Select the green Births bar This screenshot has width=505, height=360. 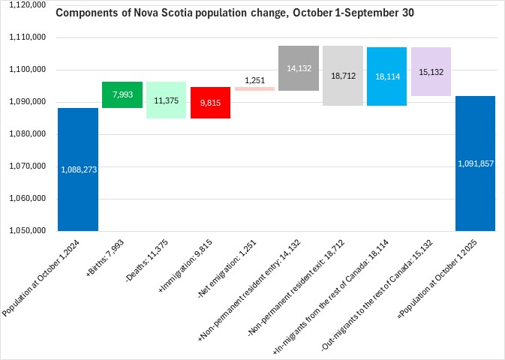(122, 94)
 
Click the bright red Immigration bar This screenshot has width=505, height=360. (210, 103)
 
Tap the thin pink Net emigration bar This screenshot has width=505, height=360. (254, 88)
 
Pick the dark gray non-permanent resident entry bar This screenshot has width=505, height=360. (299, 68)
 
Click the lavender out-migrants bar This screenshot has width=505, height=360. (431, 72)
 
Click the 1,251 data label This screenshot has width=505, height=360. (255, 80)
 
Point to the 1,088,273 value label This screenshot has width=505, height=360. (78, 169)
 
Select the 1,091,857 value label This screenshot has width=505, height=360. (475, 163)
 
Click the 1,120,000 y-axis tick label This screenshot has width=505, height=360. (27, 5)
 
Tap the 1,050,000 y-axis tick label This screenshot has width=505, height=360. (27, 230)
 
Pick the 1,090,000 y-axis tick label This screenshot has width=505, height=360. (27, 102)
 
